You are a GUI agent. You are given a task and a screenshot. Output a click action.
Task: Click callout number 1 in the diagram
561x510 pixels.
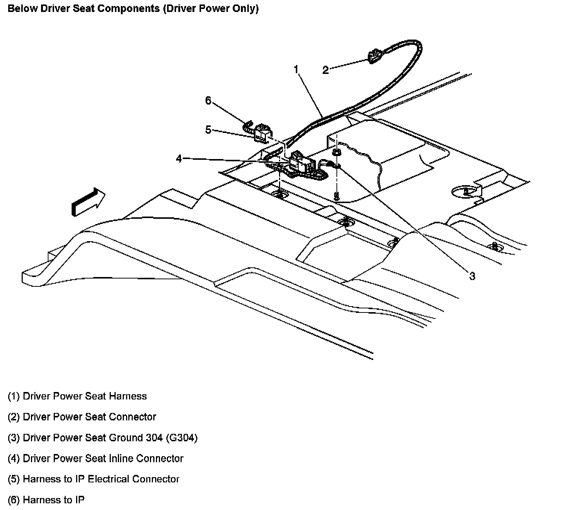(296, 69)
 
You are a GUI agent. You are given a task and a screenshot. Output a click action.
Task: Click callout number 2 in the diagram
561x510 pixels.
(326, 70)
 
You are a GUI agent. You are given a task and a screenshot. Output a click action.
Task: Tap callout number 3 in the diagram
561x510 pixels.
(472, 276)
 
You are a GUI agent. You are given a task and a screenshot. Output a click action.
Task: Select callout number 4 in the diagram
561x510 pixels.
(179, 159)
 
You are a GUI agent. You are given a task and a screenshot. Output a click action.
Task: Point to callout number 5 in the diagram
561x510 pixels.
(208, 130)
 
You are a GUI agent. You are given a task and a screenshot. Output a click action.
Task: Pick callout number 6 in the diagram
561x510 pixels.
(208, 100)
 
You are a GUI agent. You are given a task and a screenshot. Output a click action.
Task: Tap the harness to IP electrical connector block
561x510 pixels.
(263, 133)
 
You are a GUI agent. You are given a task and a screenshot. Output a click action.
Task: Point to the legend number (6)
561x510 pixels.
(14, 500)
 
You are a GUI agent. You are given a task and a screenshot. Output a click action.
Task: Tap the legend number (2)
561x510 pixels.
(14, 417)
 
